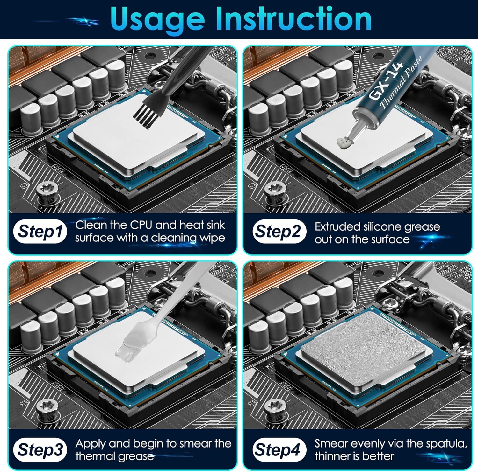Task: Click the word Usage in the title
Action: pyautogui.click(x=157, y=20)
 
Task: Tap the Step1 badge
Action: pyautogui.click(x=40, y=232)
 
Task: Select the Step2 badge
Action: pyautogui.click(x=278, y=232)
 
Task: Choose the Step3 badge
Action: pyautogui.click(x=40, y=450)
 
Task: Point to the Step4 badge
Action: pyautogui.click(x=278, y=450)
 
